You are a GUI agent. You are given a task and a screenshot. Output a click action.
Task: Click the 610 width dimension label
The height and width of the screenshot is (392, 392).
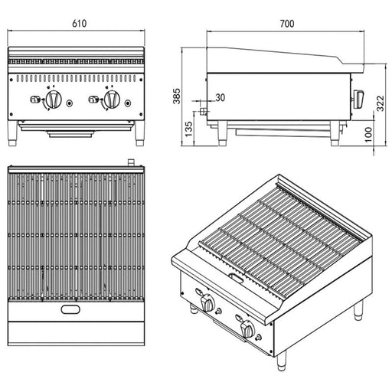point(77,24)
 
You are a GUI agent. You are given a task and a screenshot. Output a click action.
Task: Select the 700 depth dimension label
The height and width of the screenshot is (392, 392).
point(286,24)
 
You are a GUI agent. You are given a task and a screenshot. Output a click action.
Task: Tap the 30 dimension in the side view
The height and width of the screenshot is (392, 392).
point(220,97)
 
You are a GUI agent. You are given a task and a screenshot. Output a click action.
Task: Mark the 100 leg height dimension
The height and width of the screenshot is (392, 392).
point(369,133)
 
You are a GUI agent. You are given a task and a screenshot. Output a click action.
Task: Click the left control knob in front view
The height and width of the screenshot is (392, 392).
point(54,100)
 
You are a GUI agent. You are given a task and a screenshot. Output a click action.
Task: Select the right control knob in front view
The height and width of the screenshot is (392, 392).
point(111,100)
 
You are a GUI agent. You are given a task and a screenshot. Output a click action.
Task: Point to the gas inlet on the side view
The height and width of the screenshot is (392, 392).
point(202,111)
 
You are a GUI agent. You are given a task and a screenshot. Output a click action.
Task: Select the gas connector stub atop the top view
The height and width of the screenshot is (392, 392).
point(131,163)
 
